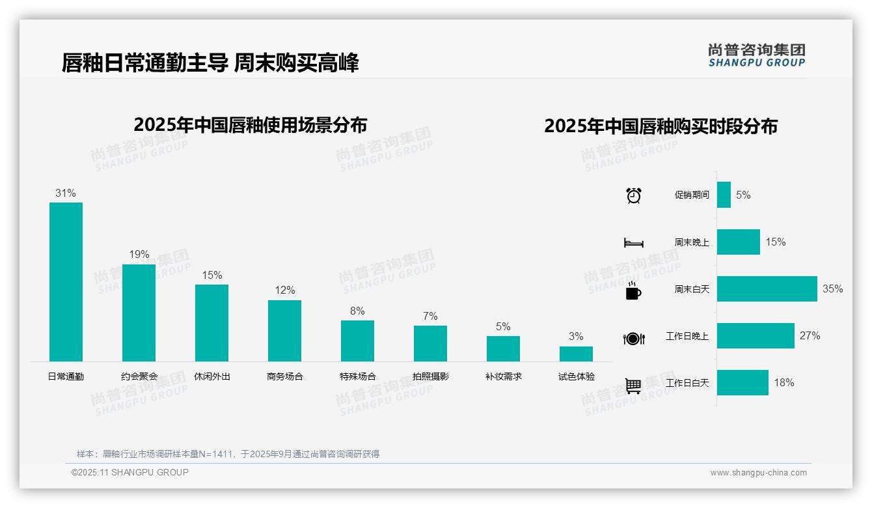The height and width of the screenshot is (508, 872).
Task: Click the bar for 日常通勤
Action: pos(66,281)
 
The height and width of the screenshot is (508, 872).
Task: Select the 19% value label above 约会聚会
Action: pos(139,254)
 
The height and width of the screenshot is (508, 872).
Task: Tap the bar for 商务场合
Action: pos(284,330)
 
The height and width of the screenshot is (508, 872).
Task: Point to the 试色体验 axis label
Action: pos(576,376)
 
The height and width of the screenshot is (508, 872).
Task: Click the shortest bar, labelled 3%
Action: pos(576,354)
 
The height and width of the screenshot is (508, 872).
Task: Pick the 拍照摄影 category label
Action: pos(430,376)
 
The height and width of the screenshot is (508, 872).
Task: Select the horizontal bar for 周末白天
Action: pos(767,289)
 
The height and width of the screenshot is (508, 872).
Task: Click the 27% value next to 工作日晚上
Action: pos(810,336)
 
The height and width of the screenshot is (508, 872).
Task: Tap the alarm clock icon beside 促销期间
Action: pos(633,195)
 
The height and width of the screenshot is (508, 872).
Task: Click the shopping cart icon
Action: pos(633,386)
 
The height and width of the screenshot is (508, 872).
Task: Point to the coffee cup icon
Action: pos(633,291)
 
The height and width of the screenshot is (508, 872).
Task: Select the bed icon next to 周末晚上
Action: pos(633,243)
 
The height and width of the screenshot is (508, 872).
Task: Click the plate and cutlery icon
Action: pos(633,338)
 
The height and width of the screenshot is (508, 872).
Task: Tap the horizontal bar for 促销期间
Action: pos(724,195)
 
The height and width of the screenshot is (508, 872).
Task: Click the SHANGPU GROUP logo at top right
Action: pos(756,55)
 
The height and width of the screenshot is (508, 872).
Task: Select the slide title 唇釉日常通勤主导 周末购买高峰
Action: pos(210,63)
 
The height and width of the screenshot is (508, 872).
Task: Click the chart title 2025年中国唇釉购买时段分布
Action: pos(661,126)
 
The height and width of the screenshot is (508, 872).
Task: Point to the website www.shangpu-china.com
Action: pos(758,473)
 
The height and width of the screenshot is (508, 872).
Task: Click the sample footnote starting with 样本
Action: pos(228,454)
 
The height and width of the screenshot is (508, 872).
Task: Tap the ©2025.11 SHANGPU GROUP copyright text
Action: pos(130,472)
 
